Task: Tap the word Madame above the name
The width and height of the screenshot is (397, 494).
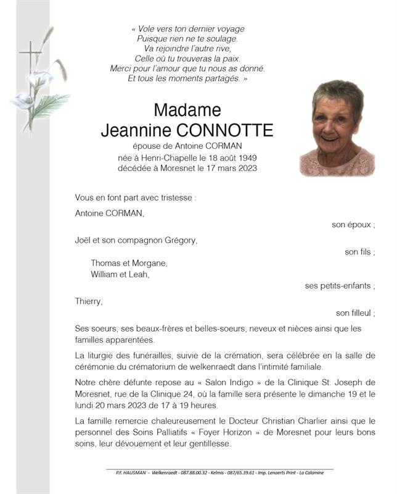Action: (187, 110)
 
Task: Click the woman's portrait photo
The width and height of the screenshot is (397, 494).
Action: (337, 128)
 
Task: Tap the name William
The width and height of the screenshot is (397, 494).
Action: (105, 274)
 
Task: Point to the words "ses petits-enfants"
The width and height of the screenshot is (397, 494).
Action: (340, 286)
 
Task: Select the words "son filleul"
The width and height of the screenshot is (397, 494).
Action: (354, 313)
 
